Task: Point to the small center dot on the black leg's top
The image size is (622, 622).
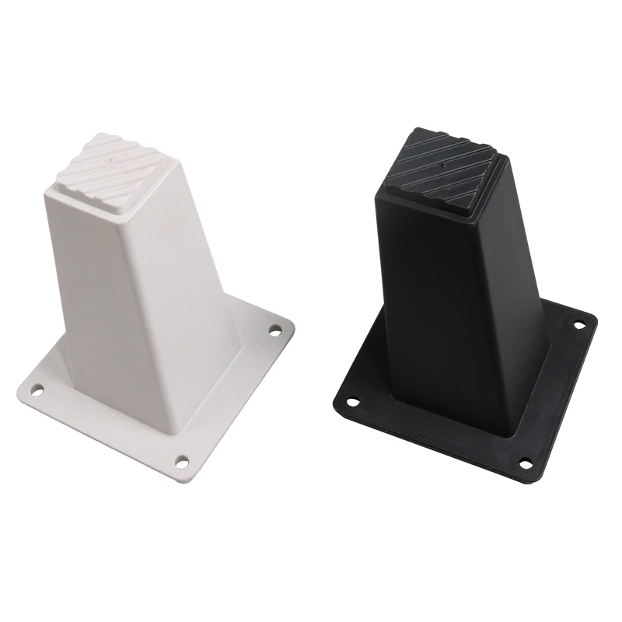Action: point(440,166)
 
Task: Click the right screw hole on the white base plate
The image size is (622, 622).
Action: point(274,332)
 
